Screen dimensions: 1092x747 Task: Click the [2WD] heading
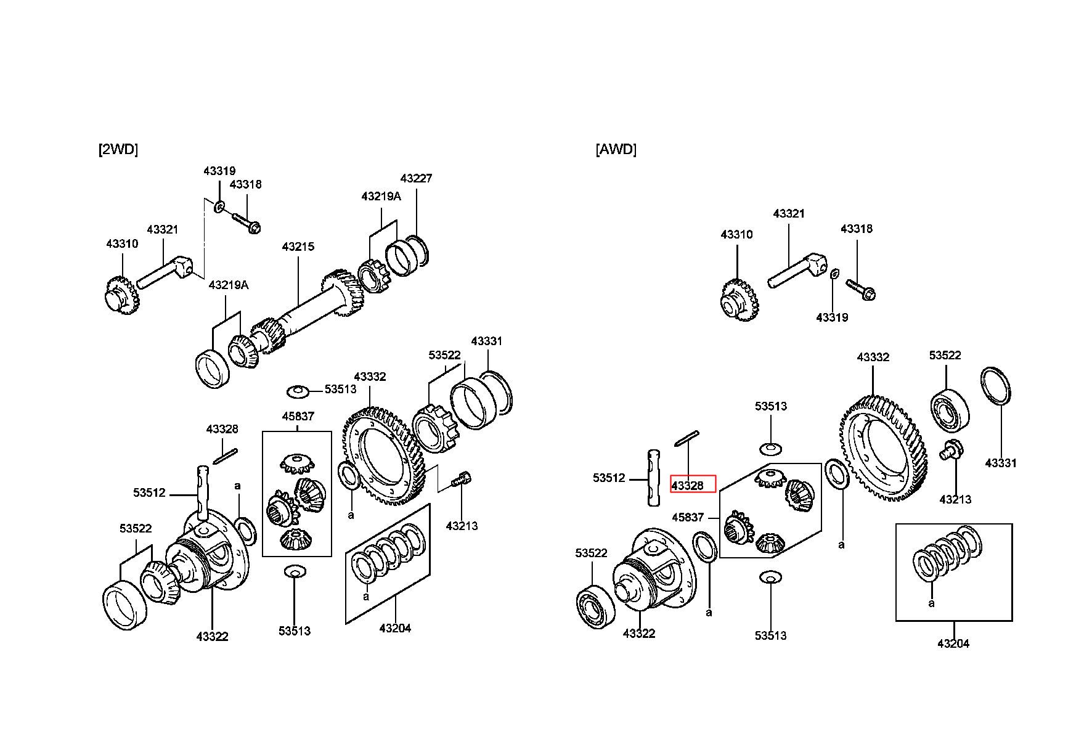tap(118, 149)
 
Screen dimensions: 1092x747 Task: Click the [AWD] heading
tap(616, 149)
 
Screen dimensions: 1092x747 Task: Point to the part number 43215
tap(298, 247)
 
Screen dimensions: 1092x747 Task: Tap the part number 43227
tap(416, 178)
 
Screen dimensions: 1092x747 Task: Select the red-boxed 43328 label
tap(687, 486)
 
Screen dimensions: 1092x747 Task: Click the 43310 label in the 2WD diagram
tap(122, 243)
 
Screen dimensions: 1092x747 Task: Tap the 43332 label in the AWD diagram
tap(873, 357)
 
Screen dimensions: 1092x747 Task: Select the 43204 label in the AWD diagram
tap(953, 643)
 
